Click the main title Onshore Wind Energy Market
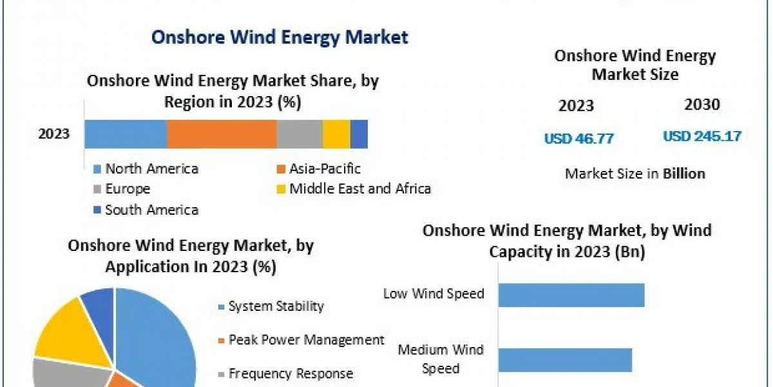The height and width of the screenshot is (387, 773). tap(279, 37)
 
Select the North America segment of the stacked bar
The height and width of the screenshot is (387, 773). tap(126, 134)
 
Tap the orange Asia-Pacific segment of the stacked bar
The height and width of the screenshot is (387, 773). tap(222, 134)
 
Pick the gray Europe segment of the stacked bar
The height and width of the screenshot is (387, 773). tap(300, 134)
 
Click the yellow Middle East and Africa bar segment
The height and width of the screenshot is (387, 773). tap(336, 134)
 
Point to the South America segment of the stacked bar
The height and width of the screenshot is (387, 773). tap(359, 134)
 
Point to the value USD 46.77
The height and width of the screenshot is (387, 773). tap(578, 138)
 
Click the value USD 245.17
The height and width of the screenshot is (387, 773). tap(702, 137)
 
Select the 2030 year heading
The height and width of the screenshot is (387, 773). tap(702, 104)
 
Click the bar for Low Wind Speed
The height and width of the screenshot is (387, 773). tap(571, 295)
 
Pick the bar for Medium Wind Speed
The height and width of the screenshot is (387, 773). tap(565, 359)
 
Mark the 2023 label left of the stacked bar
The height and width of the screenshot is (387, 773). tap(54, 134)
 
